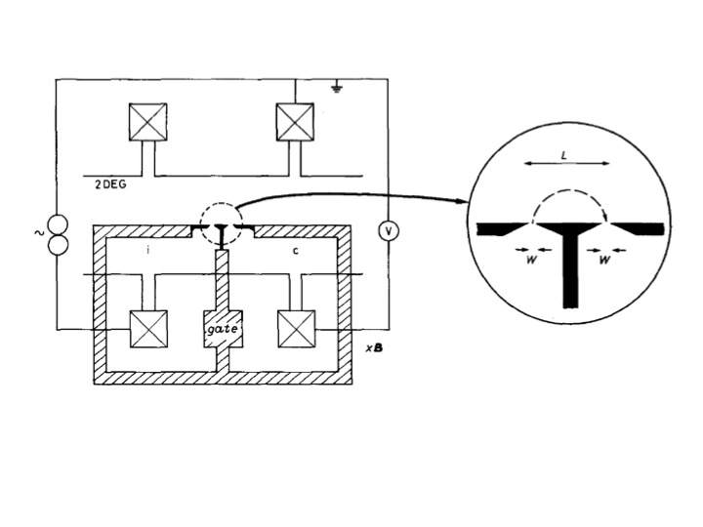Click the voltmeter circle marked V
[x=387, y=231]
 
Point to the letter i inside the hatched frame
[x=146, y=250]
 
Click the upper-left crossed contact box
[x=148, y=122]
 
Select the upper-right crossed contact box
[x=294, y=122]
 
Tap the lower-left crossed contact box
[x=148, y=329]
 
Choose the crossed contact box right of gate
[x=294, y=329]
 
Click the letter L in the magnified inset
[x=566, y=155]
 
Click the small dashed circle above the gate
[x=221, y=224]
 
